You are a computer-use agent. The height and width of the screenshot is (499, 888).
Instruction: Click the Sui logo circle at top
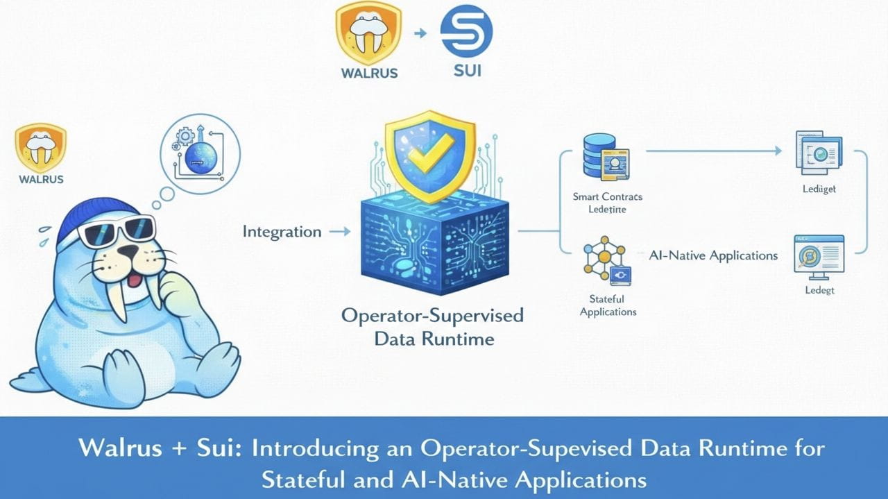(466, 31)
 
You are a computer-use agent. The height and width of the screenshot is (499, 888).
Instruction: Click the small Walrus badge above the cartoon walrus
(40, 147)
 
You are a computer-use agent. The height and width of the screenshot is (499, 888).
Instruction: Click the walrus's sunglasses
(117, 231)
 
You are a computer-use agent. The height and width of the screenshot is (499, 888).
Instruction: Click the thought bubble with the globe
(200, 152)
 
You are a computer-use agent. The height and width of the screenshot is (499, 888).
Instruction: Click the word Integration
(282, 232)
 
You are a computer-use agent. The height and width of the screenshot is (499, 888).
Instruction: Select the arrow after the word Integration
(339, 232)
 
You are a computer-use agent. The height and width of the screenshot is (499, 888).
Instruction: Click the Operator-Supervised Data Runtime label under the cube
(433, 327)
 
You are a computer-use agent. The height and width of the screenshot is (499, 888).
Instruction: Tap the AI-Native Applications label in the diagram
(713, 255)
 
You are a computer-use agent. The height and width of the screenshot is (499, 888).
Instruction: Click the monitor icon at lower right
(819, 255)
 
